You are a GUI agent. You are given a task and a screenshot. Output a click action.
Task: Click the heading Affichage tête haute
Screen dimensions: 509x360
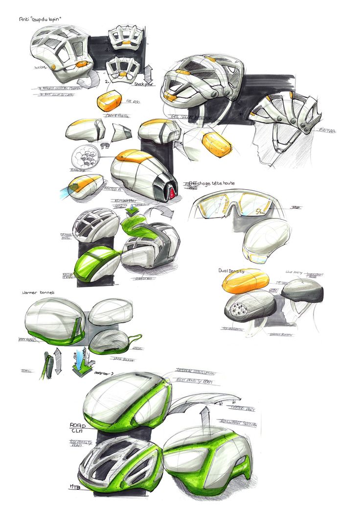coord(215,183)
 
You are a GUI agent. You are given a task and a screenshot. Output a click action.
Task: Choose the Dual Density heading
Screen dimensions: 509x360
coord(238,270)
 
